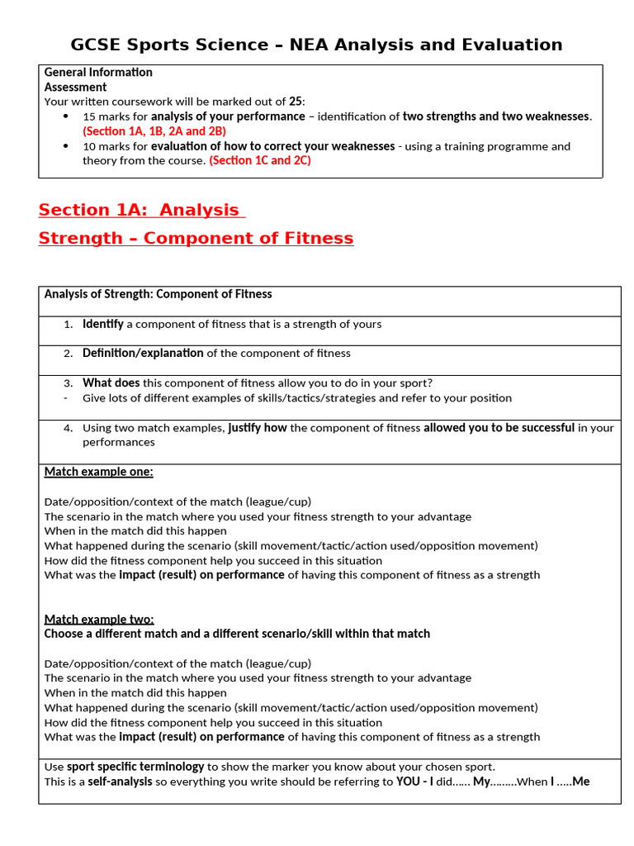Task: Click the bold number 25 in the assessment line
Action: (x=295, y=102)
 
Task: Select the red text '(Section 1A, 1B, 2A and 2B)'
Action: (x=154, y=131)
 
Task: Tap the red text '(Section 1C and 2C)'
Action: (x=260, y=160)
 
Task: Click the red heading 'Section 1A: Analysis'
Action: (x=140, y=210)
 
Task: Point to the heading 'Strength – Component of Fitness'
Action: (x=196, y=239)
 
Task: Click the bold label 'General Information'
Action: (x=98, y=72)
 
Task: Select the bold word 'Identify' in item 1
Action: (x=103, y=324)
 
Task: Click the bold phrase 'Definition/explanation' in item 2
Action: (x=143, y=353)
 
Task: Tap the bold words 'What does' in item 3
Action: (x=111, y=383)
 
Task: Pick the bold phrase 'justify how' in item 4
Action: (x=258, y=428)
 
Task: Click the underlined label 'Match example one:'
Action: (x=98, y=472)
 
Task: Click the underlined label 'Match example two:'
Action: (x=99, y=619)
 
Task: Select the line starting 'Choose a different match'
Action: (x=237, y=634)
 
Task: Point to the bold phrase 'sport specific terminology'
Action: (x=135, y=767)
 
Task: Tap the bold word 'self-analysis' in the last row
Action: (x=121, y=781)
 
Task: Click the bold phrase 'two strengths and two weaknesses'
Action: (x=496, y=116)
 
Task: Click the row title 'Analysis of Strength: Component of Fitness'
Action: (x=158, y=294)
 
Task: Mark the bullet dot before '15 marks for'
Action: (x=66, y=116)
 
